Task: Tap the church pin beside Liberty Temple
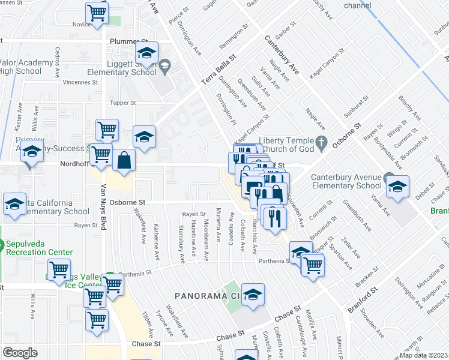click(322, 143)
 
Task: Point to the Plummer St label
click(124, 41)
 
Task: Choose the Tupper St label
click(124, 103)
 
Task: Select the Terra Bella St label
click(219, 71)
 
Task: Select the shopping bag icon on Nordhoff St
click(124, 160)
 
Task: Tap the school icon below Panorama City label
click(253, 295)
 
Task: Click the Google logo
click(20, 353)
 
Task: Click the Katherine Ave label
click(157, 237)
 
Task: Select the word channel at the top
click(358, 5)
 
